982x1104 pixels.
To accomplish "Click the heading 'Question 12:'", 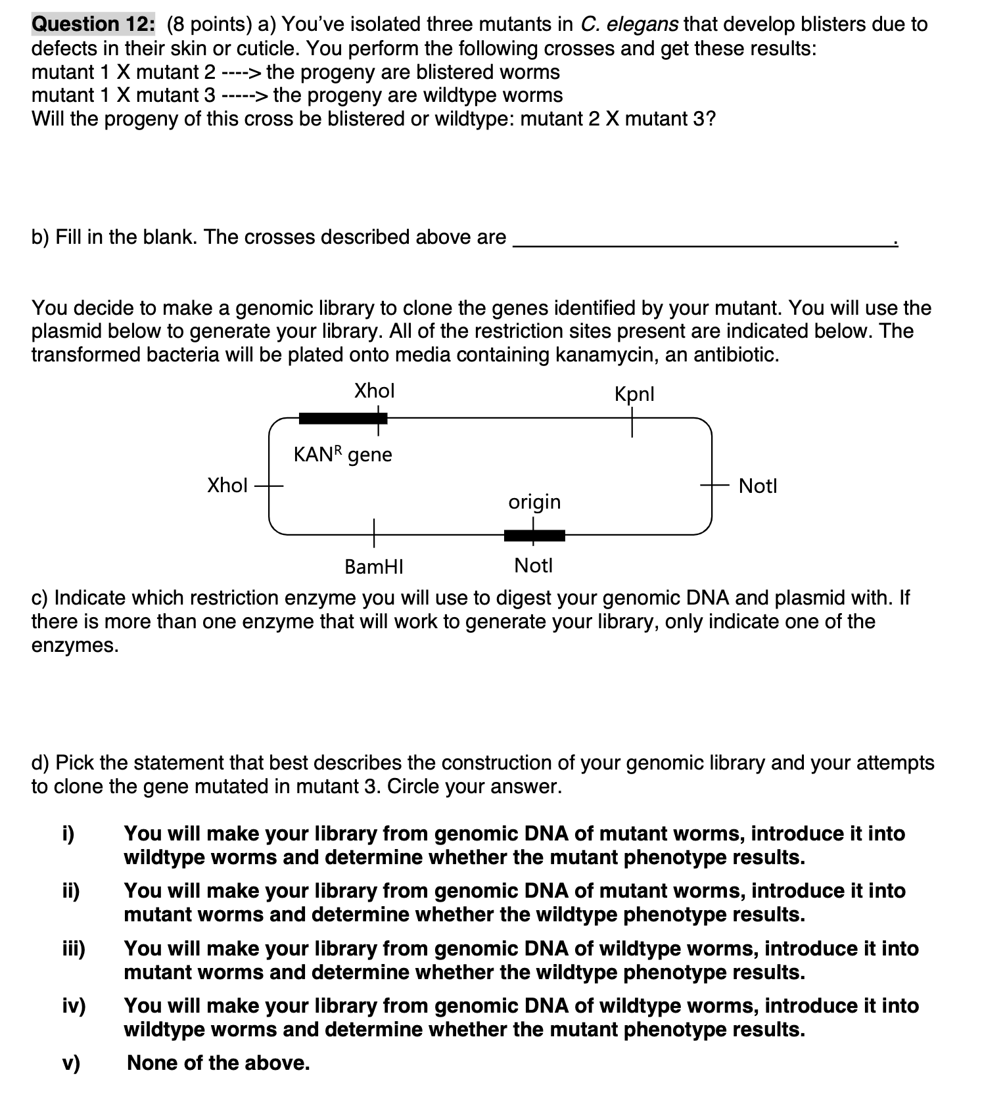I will click(x=93, y=24).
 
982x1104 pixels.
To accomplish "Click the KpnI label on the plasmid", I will click(x=634, y=394).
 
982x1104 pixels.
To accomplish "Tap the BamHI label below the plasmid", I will click(x=374, y=566).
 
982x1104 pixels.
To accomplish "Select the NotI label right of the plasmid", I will click(x=757, y=486).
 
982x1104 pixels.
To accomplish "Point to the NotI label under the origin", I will click(x=533, y=565).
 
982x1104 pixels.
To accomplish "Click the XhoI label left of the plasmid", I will click(x=227, y=486).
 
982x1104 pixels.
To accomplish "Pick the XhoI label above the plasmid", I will click(x=374, y=391).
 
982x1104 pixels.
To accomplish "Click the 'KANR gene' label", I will click(x=342, y=454).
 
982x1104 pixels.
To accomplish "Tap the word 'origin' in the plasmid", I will click(x=534, y=502).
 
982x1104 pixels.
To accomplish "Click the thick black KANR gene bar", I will click(x=342, y=418).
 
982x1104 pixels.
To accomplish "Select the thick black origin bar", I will click(x=534, y=536).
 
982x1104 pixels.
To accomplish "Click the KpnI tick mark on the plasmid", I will click(x=632, y=421).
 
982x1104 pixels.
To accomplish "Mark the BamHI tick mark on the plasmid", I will click(x=374, y=532).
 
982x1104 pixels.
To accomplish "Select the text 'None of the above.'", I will click(x=218, y=1063).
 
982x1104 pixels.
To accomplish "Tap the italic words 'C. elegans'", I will click(x=630, y=24).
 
